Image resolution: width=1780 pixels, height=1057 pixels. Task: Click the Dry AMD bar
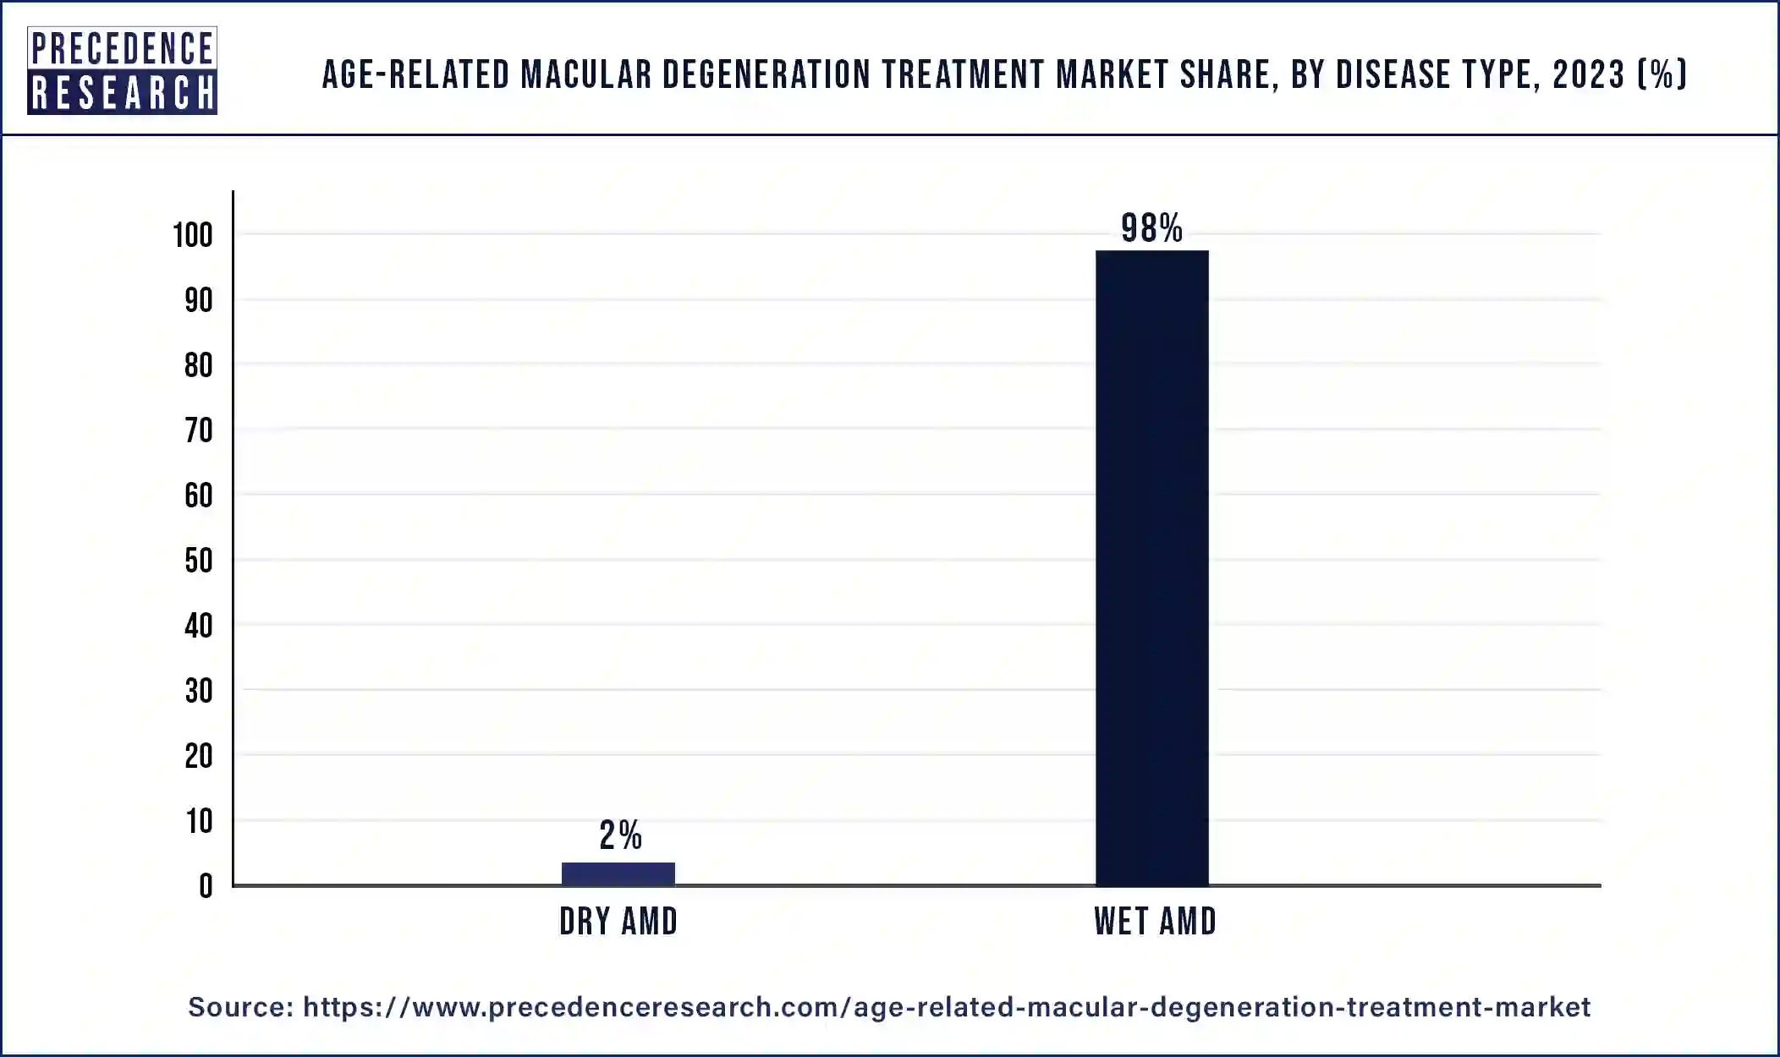618,874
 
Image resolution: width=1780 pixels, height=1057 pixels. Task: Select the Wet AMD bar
1151,567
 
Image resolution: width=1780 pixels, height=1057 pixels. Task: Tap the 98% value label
1151,228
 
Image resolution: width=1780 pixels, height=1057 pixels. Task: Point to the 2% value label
620,835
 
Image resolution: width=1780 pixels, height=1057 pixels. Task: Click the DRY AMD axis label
618,921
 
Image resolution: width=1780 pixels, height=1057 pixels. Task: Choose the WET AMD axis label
1155,921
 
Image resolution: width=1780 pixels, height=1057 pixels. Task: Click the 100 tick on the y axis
193,235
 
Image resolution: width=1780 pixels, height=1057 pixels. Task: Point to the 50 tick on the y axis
199,561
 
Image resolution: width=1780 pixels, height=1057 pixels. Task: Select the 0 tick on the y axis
206,886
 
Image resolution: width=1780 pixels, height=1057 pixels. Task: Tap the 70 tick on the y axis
199,430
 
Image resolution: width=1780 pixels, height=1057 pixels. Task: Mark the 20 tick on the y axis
199,756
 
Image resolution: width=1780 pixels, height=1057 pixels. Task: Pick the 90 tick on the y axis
199,300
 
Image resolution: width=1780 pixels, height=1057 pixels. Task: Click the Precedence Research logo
122,70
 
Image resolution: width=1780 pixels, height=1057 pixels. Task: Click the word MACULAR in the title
586,75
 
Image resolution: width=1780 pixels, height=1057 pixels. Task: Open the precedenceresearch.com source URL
946,1006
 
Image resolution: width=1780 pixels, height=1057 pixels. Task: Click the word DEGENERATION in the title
766,75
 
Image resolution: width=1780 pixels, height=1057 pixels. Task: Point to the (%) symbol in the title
1662,75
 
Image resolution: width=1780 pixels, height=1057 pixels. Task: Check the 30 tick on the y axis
199,691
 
